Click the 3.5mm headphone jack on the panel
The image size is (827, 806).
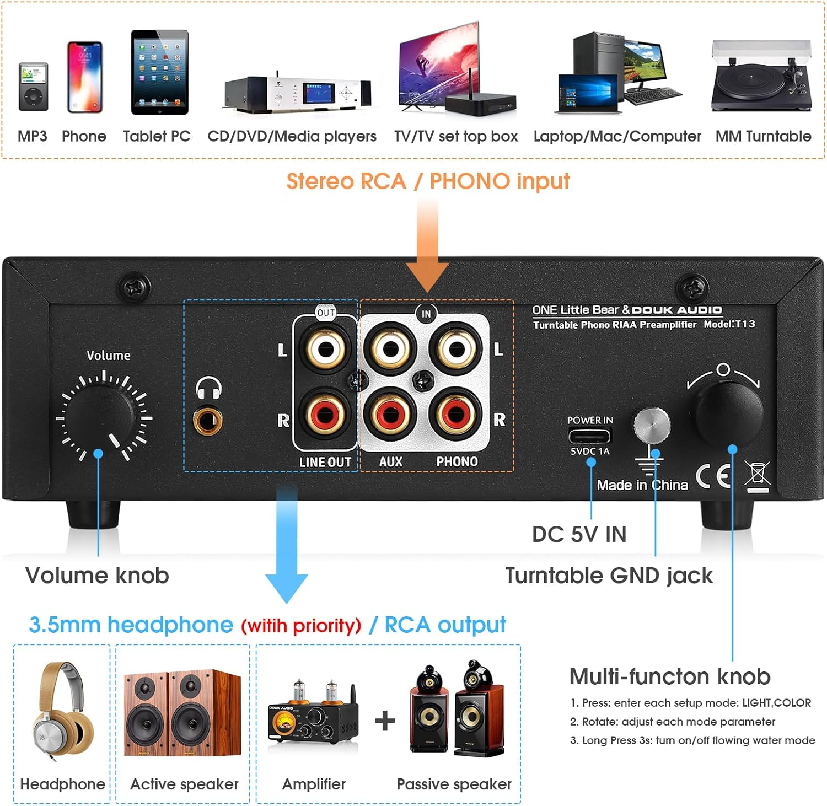208,422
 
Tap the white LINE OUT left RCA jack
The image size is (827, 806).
325,348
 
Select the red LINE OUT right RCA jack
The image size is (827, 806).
325,415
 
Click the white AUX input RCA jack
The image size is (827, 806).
390,348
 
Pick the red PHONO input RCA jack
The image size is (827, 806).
457,415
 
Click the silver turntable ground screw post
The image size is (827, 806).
652,425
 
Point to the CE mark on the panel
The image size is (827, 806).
713,476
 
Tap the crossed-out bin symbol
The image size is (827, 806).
758,475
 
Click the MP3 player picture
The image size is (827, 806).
33,87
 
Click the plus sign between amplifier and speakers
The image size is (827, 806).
385,721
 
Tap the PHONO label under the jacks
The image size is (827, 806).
457,461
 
